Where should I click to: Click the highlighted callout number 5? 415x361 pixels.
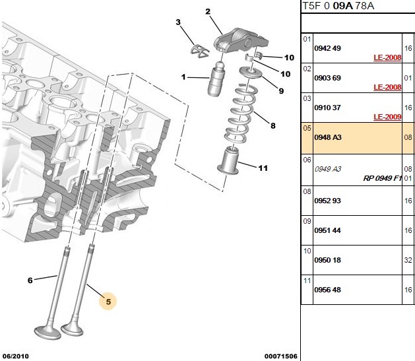(x=108, y=302)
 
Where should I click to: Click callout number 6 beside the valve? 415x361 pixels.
(x=30, y=280)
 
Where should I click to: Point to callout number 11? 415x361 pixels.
(x=263, y=168)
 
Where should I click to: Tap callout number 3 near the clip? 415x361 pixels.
(x=178, y=22)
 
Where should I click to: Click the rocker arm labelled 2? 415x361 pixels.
(x=240, y=40)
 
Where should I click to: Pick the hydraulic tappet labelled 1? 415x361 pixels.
(x=217, y=79)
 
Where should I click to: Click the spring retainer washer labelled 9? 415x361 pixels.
(x=250, y=72)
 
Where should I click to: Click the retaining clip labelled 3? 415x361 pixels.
(x=199, y=50)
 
